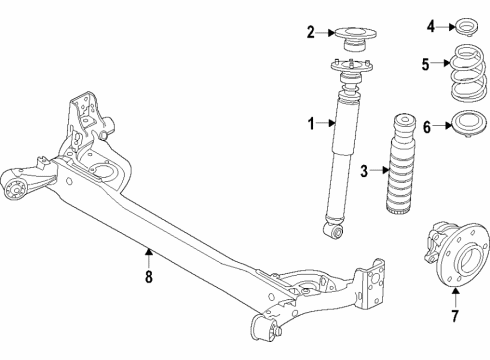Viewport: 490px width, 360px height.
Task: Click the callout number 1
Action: [x=311, y=124]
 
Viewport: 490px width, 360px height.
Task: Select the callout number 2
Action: [x=311, y=32]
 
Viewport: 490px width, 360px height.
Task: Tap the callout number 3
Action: [x=364, y=170]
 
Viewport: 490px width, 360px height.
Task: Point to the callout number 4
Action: [x=432, y=26]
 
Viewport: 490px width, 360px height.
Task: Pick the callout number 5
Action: [x=425, y=67]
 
